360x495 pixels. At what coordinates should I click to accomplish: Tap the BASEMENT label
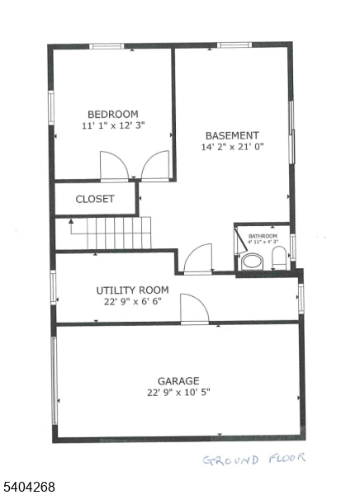tap(232, 135)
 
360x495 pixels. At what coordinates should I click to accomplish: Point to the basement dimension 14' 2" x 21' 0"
tap(232, 148)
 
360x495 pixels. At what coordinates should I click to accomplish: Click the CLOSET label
tap(95, 199)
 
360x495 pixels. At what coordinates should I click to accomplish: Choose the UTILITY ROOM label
tap(132, 290)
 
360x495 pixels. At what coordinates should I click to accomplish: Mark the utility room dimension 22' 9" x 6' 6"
tap(132, 302)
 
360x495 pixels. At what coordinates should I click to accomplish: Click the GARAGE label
tap(178, 380)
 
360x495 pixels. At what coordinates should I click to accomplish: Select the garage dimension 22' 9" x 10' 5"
tap(178, 393)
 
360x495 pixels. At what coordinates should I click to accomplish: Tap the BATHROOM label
tap(262, 235)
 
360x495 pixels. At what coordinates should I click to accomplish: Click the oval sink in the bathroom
tap(278, 255)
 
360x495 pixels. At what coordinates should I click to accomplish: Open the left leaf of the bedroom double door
tap(114, 166)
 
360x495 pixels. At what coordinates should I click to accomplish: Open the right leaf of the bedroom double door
tap(155, 166)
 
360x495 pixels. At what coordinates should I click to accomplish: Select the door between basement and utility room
tap(198, 259)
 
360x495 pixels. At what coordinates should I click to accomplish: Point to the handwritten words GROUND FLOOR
tap(253, 459)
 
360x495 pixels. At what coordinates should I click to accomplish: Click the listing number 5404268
tap(29, 487)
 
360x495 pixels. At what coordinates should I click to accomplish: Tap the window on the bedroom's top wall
tap(106, 46)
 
